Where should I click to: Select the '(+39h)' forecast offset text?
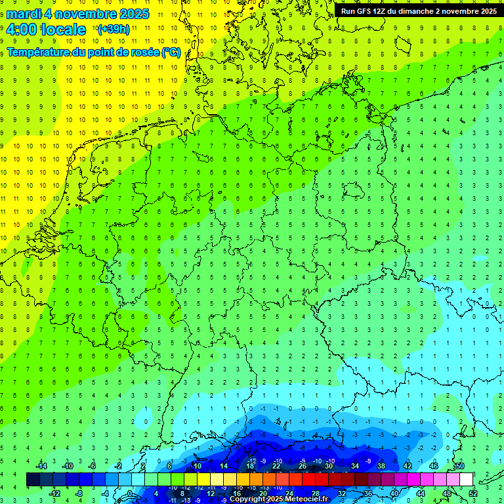[x=113, y=30]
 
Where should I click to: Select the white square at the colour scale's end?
[x=466, y=479]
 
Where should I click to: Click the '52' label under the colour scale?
[x=473, y=493]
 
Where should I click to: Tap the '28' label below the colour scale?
[x=316, y=493]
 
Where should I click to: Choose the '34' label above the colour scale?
[x=355, y=465]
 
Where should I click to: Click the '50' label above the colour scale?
[x=460, y=465]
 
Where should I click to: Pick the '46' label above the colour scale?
[x=434, y=465]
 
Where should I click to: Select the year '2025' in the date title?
[x=131, y=14]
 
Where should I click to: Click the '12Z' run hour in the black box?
[x=381, y=11]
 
